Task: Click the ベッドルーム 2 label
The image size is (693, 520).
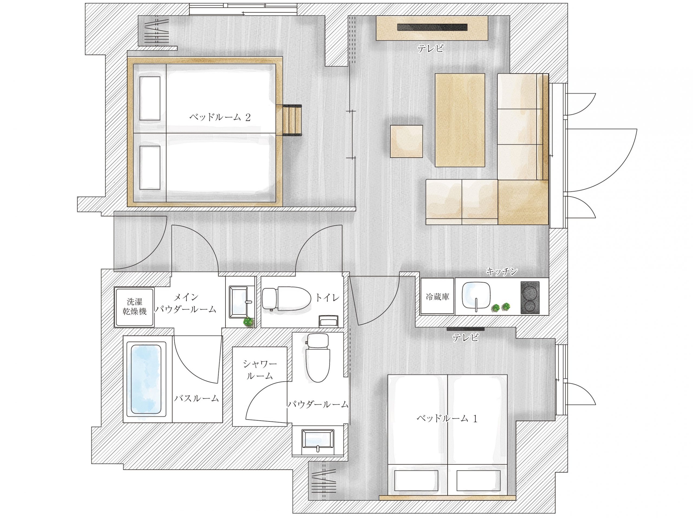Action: [x=220, y=118]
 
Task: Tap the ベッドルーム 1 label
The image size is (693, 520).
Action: [x=447, y=418]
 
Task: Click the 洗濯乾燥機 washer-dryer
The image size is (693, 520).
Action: [x=134, y=307]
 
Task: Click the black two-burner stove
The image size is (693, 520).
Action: [x=530, y=297]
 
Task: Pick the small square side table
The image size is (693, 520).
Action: [x=406, y=141]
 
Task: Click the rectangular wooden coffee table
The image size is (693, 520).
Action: [x=460, y=120]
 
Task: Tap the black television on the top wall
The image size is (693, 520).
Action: [x=432, y=27]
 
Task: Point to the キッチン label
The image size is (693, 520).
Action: [x=502, y=271]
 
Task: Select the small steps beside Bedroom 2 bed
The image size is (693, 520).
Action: [x=292, y=120]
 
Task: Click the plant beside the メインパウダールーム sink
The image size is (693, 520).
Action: [x=249, y=322]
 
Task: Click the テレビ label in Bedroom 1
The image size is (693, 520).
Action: [x=466, y=337]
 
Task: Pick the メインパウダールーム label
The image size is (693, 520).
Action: [x=186, y=303]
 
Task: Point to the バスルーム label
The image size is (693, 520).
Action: [x=197, y=398]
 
